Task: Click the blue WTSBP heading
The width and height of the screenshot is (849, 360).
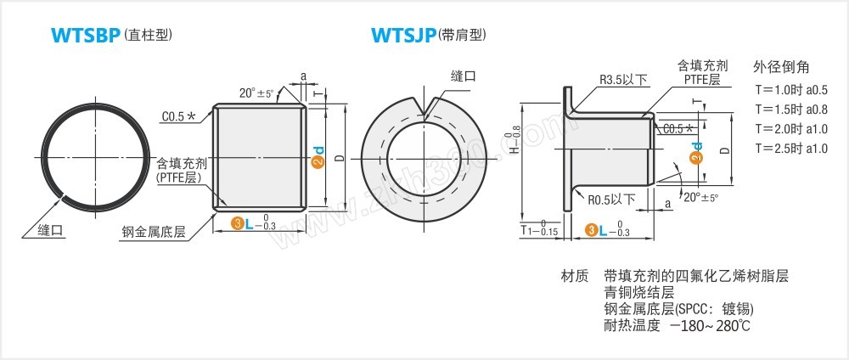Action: (x=85, y=36)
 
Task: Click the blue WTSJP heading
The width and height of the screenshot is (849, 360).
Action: (x=403, y=36)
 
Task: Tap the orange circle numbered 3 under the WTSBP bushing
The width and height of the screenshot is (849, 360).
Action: (x=238, y=224)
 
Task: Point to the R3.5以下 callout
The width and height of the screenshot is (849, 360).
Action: (x=623, y=80)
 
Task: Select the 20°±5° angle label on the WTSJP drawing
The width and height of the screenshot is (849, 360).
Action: (x=700, y=197)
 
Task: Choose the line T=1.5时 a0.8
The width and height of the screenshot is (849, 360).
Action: (x=791, y=110)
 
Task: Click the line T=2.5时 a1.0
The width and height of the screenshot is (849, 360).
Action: (x=791, y=149)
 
